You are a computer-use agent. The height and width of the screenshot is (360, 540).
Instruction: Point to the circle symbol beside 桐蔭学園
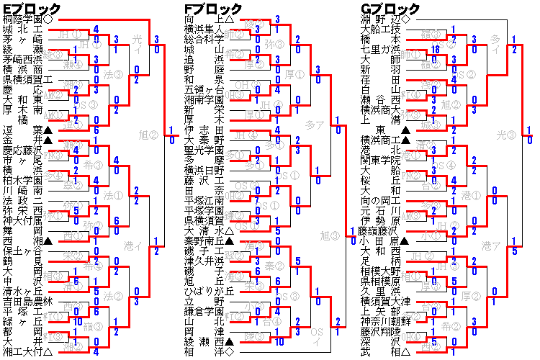(x=48, y=19)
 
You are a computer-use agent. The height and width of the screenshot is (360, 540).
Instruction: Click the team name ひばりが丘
(x=208, y=292)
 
